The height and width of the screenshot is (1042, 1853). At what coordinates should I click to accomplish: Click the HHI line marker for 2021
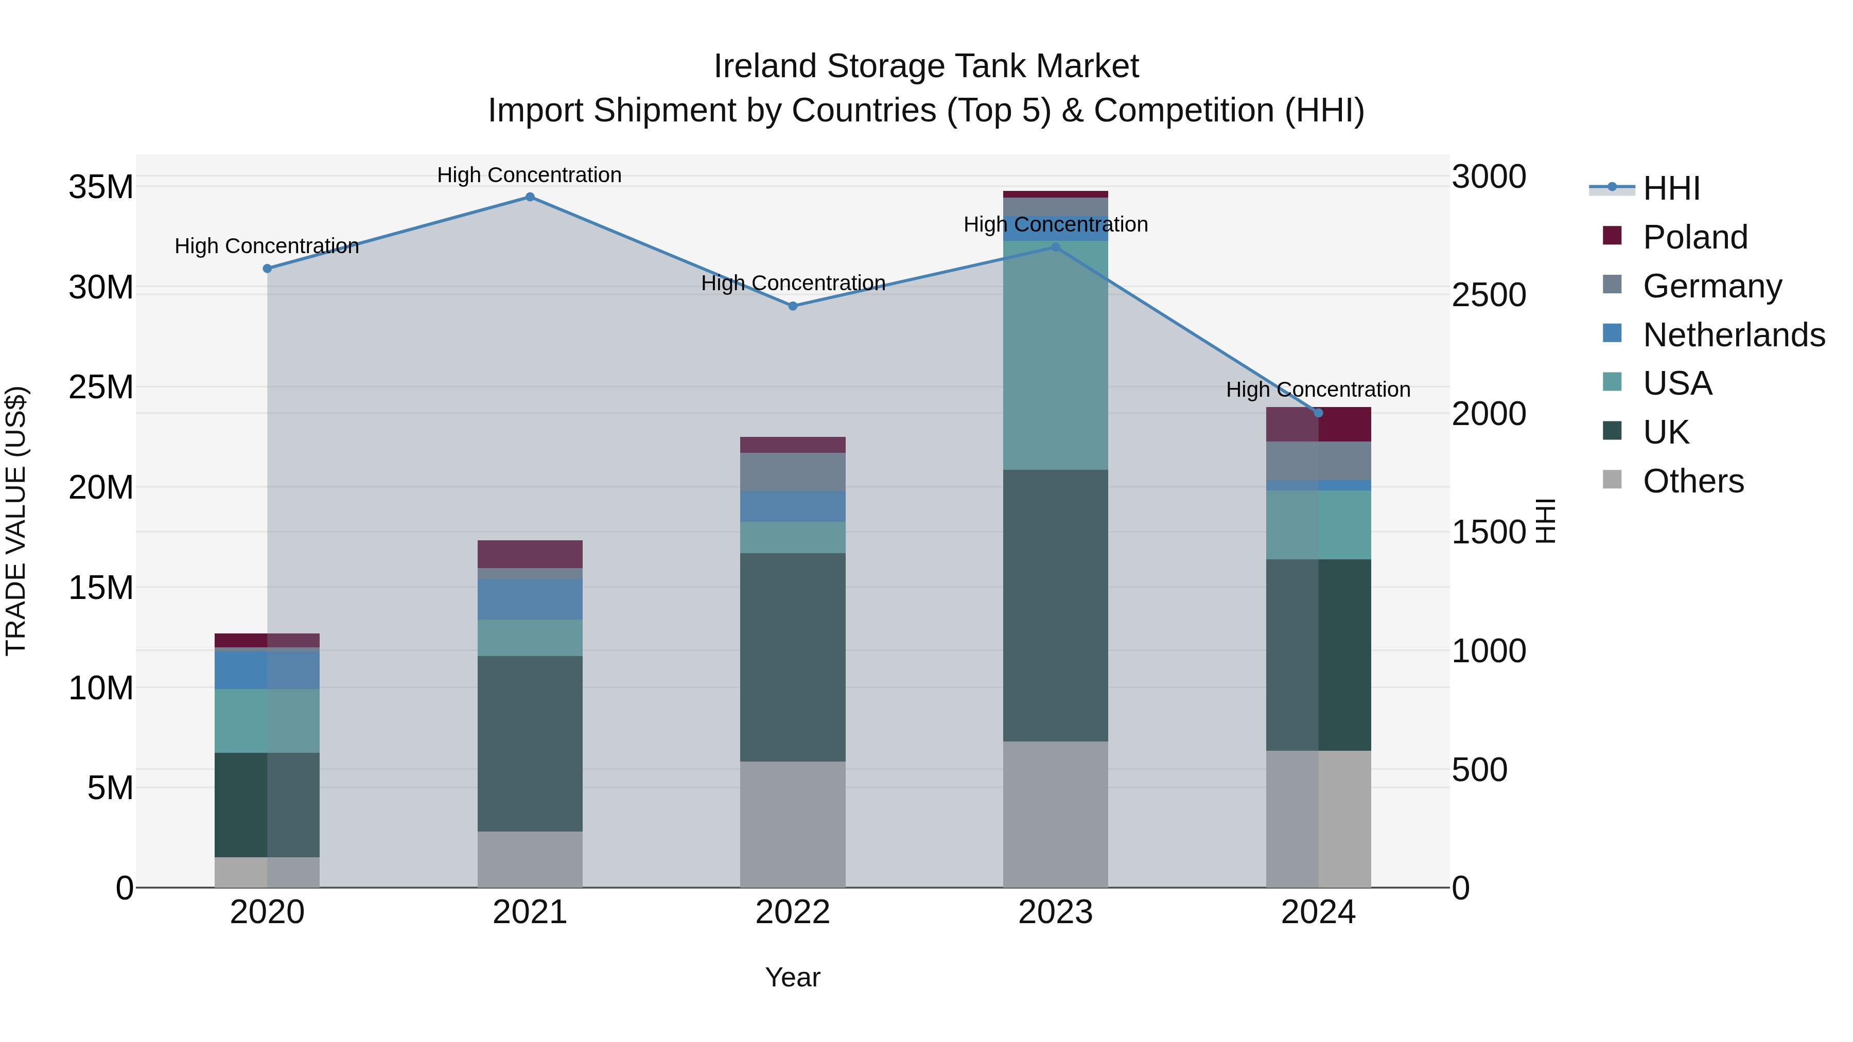point(530,197)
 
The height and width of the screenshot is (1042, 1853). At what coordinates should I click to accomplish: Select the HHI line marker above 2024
point(1318,413)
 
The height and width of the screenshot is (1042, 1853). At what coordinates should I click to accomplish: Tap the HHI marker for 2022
point(793,306)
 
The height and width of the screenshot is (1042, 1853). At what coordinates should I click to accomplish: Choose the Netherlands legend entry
point(1733,335)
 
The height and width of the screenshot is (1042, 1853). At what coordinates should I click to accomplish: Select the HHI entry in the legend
point(1671,188)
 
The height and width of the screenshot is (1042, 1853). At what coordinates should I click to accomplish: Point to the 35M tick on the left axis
point(101,187)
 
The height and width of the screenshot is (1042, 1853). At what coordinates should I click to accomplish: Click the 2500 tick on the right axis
point(1488,295)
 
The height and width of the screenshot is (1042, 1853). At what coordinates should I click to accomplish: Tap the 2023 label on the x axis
point(1055,912)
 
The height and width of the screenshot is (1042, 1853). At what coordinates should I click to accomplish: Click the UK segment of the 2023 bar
point(1055,606)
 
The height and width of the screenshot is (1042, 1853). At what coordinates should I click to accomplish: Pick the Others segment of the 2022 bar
point(793,824)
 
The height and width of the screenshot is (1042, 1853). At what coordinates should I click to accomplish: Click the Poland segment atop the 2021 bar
point(530,554)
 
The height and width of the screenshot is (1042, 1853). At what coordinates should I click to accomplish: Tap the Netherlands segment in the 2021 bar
point(530,599)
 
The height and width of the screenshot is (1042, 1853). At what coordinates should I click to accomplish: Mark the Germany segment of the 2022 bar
point(793,472)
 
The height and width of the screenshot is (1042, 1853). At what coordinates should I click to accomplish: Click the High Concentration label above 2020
point(266,246)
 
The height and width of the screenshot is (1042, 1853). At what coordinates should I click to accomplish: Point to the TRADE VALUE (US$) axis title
point(16,521)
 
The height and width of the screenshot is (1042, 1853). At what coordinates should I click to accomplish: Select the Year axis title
point(793,977)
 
